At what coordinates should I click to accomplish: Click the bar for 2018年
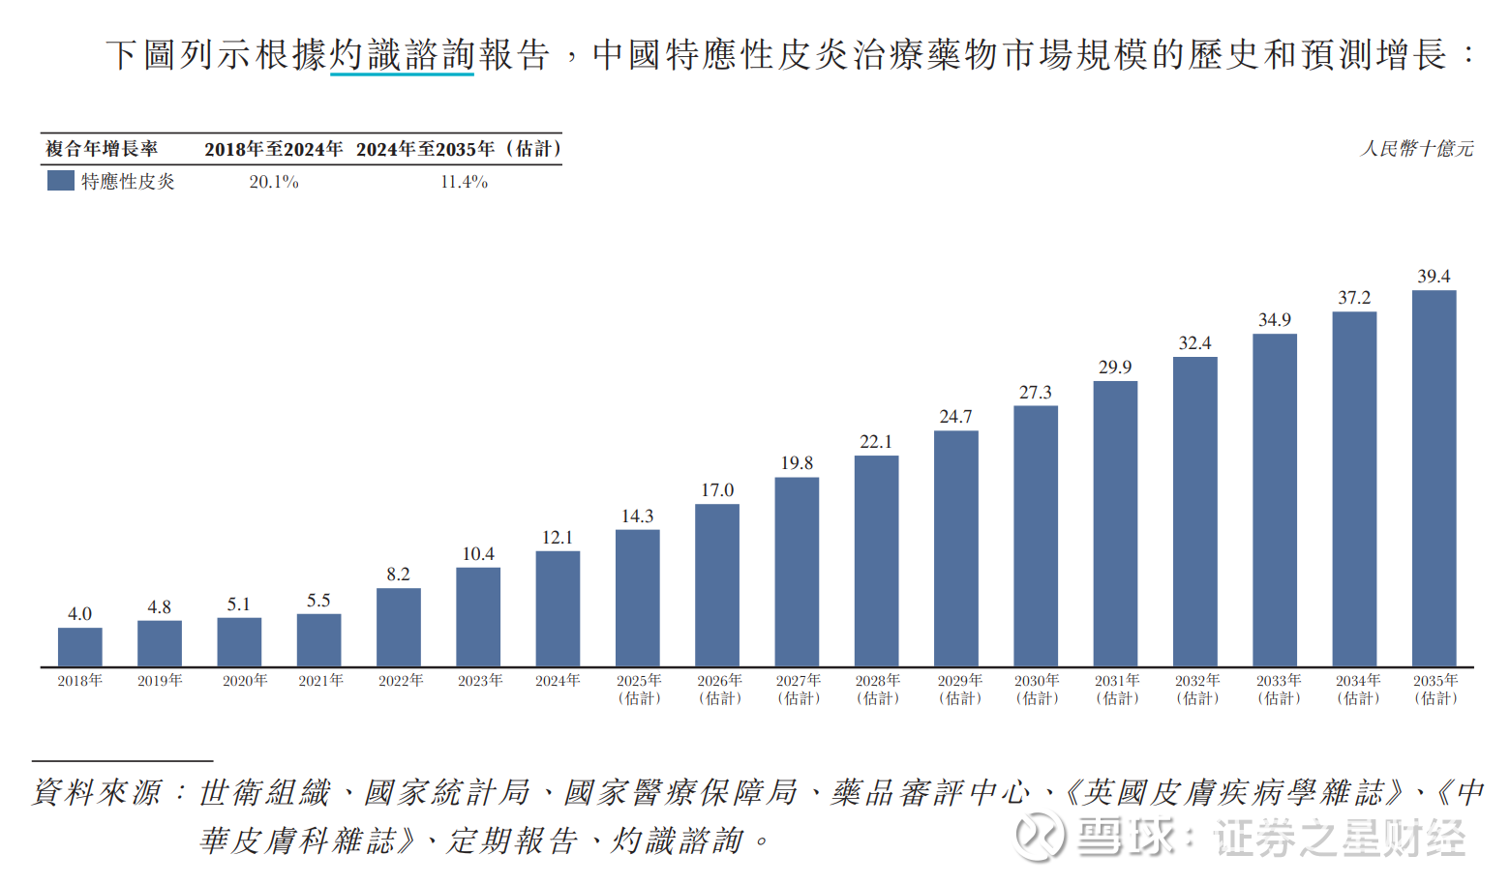[79, 647]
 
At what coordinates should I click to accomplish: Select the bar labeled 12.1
[558, 608]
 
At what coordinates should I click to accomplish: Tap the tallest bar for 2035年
[1434, 479]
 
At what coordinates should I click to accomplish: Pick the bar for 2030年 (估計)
[1036, 536]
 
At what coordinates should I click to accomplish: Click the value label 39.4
[1434, 277]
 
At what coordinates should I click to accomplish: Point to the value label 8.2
[398, 575]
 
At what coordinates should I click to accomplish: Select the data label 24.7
[955, 417]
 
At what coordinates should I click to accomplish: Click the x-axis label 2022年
[401, 681]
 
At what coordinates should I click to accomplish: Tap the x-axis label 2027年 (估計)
[798, 690]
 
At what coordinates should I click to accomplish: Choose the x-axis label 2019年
[160, 681]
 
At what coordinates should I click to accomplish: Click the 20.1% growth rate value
[274, 182]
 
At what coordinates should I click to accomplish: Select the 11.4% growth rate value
[464, 182]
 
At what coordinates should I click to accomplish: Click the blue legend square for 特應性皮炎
[61, 181]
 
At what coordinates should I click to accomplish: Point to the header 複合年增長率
[102, 149]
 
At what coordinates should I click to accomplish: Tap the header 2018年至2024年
[274, 149]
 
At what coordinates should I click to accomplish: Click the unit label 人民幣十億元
[1417, 149]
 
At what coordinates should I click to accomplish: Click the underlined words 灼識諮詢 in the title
[402, 55]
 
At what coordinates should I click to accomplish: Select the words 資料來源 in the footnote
[97, 793]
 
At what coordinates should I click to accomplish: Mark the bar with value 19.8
[797, 572]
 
